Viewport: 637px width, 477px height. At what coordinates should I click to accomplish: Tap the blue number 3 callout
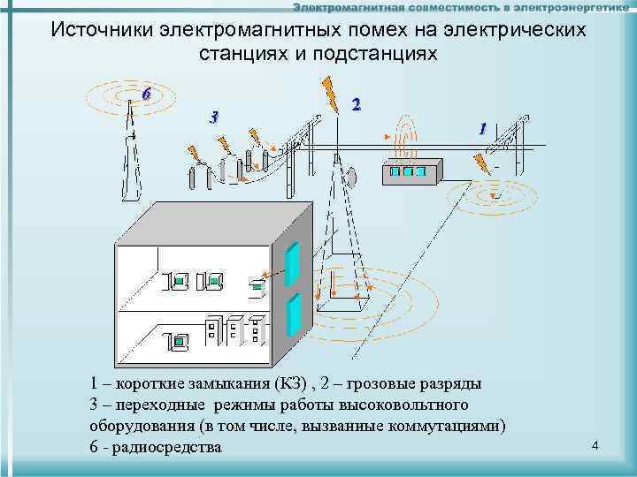(x=213, y=117)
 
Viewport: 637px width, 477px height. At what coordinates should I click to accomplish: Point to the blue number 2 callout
(x=355, y=103)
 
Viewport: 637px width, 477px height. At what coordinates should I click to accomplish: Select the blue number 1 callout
(x=482, y=127)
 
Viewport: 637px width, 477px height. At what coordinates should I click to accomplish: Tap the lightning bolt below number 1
(x=484, y=163)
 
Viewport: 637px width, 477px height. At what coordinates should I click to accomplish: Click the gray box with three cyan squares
(x=409, y=170)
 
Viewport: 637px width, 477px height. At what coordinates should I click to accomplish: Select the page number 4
(x=595, y=444)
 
